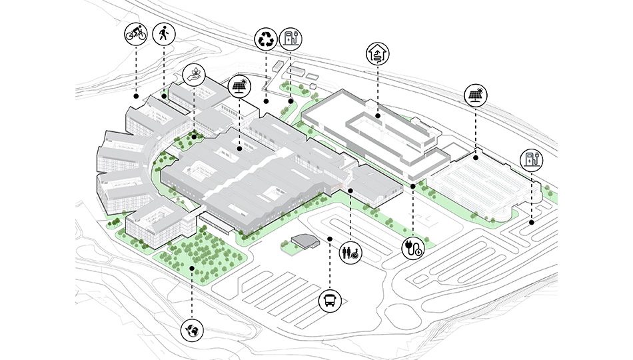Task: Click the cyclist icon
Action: (x=136, y=35)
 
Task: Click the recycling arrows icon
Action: (x=266, y=39)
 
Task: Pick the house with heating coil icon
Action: (x=377, y=54)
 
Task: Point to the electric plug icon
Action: (x=413, y=248)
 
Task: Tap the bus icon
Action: (x=330, y=301)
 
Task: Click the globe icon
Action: (x=192, y=329)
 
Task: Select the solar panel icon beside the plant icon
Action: (x=239, y=87)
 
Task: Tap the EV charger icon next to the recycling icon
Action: (x=291, y=38)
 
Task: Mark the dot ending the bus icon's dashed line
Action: (x=330, y=238)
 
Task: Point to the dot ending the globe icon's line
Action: (x=192, y=268)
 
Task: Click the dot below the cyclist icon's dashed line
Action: (x=136, y=96)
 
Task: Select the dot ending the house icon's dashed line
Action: (x=377, y=116)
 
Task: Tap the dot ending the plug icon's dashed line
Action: (x=413, y=185)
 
